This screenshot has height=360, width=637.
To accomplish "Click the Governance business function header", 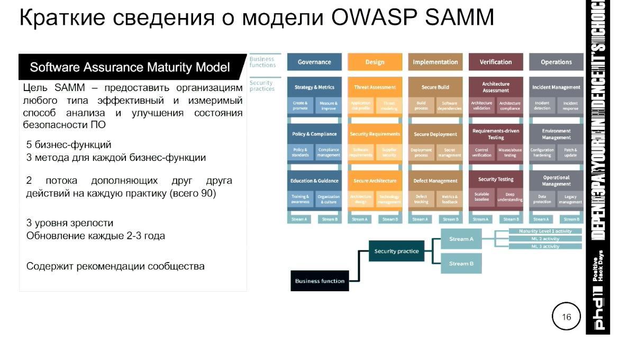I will click(314, 62).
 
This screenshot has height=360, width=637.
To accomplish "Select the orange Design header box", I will click(375, 62).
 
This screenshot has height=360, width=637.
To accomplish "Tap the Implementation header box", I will click(435, 62).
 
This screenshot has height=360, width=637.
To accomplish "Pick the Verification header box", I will click(496, 62).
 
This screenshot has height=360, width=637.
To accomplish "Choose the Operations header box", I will click(556, 62).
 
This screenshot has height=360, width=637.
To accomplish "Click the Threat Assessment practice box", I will click(375, 87).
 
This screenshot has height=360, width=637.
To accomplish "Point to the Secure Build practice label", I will click(435, 87).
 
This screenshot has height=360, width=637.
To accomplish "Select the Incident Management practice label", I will click(556, 87).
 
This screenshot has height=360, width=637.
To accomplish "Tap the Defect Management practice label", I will click(435, 181).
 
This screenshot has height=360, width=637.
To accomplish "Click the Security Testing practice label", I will click(496, 179).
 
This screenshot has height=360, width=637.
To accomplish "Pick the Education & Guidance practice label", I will click(314, 181).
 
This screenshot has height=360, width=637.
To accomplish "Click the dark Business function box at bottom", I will click(320, 281).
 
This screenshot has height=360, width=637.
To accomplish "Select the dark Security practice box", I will click(396, 251).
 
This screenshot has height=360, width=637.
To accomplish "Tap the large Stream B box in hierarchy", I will click(461, 264).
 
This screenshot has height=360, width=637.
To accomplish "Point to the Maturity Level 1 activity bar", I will click(545, 231).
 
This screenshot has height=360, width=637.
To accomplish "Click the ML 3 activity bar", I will click(545, 246).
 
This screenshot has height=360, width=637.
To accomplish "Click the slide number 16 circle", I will click(566, 317).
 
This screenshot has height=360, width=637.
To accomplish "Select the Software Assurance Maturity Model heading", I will click(130, 68).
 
